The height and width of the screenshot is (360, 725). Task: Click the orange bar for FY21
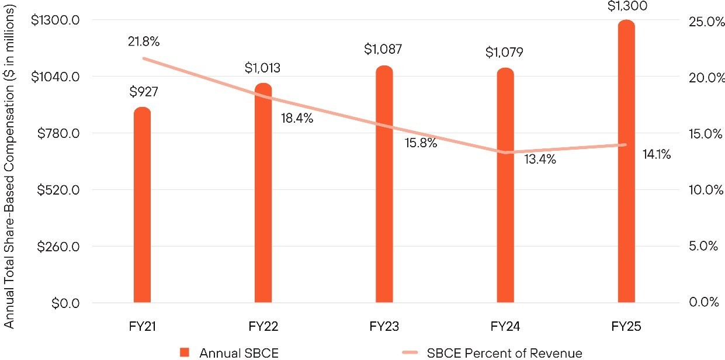pyautogui.click(x=142, y=205)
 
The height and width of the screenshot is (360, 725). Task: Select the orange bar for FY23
pyautogui.click(x=384, y=184)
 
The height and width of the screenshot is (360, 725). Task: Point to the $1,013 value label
pyautogui.click(x=262, y=68)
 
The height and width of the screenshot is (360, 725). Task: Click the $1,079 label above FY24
pyautogui.click(x=504, y=53)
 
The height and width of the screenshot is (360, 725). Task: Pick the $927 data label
pyautogui.click(x=144, y=92)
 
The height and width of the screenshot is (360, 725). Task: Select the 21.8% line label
pyautogui.click(x=143, y=41)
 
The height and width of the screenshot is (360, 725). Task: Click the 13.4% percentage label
pyautogui.click(x=540, y=159)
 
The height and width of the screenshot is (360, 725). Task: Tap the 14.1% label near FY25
pyautogui.click(x=657, y=155)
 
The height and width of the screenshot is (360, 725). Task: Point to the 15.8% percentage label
pyautogui.click(x=421, y=143)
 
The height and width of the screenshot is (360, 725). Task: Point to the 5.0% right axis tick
pyautogui.click(x=704, y=246)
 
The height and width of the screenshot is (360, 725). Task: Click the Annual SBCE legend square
pyautogui.click(x=185, y=352)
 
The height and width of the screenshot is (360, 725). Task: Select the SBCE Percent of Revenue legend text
pyautogui.click(x=504, y=353)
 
